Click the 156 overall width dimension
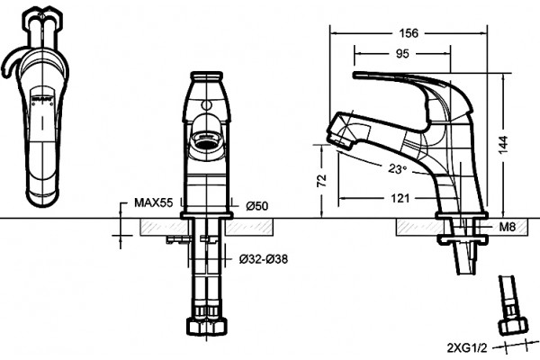(409, 33)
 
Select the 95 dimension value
(402, 54)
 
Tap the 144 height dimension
(503, 145)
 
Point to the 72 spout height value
(321, 180)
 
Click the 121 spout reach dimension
(400, 198)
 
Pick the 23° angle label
(398, 169)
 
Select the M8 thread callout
(508, 227)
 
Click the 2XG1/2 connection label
(467, 348)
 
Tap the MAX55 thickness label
(153, 202)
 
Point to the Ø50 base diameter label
(256, 206)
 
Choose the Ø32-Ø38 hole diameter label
(264, 258)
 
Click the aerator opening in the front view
(206, 140)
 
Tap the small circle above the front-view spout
(206, 104)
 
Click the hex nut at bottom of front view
(207, 326)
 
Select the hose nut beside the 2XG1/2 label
(514, 326)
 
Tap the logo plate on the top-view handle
(42, 99)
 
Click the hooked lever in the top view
(11, 61)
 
